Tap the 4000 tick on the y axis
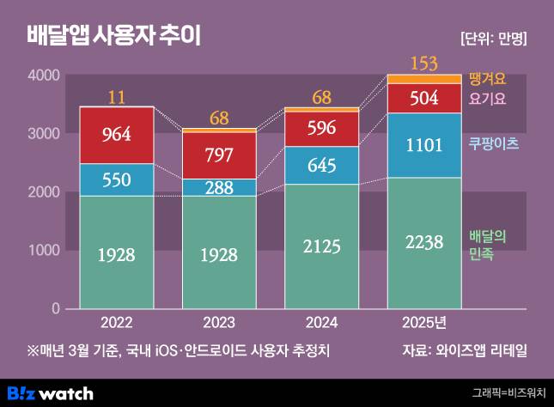[x=43, y=76]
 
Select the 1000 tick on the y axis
[x=43, y=250]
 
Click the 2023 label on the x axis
[x=219, y=324]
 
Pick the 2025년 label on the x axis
[x=423, y=324]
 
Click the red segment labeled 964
[x=116, y=135]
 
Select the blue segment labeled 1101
[x=423, y=145]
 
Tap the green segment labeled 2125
[x=321, y=246]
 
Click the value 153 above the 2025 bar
[x=423, y=63]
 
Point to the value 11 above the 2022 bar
[x=116, y=95]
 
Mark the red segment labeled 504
[x=423, y=98]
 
